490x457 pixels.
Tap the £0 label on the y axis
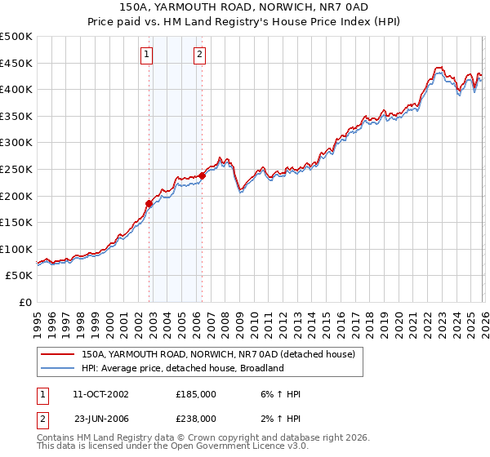[x=26, y=303]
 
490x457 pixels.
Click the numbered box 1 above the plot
[x=147, y=55]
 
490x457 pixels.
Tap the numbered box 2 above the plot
[x=199, y=55]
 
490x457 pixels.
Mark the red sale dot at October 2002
[x=149, y=204]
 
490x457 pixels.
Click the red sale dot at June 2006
[x=203, y=175]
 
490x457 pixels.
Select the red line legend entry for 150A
[x=217, y=355]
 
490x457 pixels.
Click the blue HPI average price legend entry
[x=181, y=368]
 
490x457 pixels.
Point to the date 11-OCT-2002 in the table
[x=101, y=394]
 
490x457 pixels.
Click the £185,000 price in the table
[x=196, y=394]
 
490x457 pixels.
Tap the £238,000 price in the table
[x=196, y=418]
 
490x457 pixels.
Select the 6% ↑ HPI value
[x=281, y=394]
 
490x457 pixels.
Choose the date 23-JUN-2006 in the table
[x=101, y=418]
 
